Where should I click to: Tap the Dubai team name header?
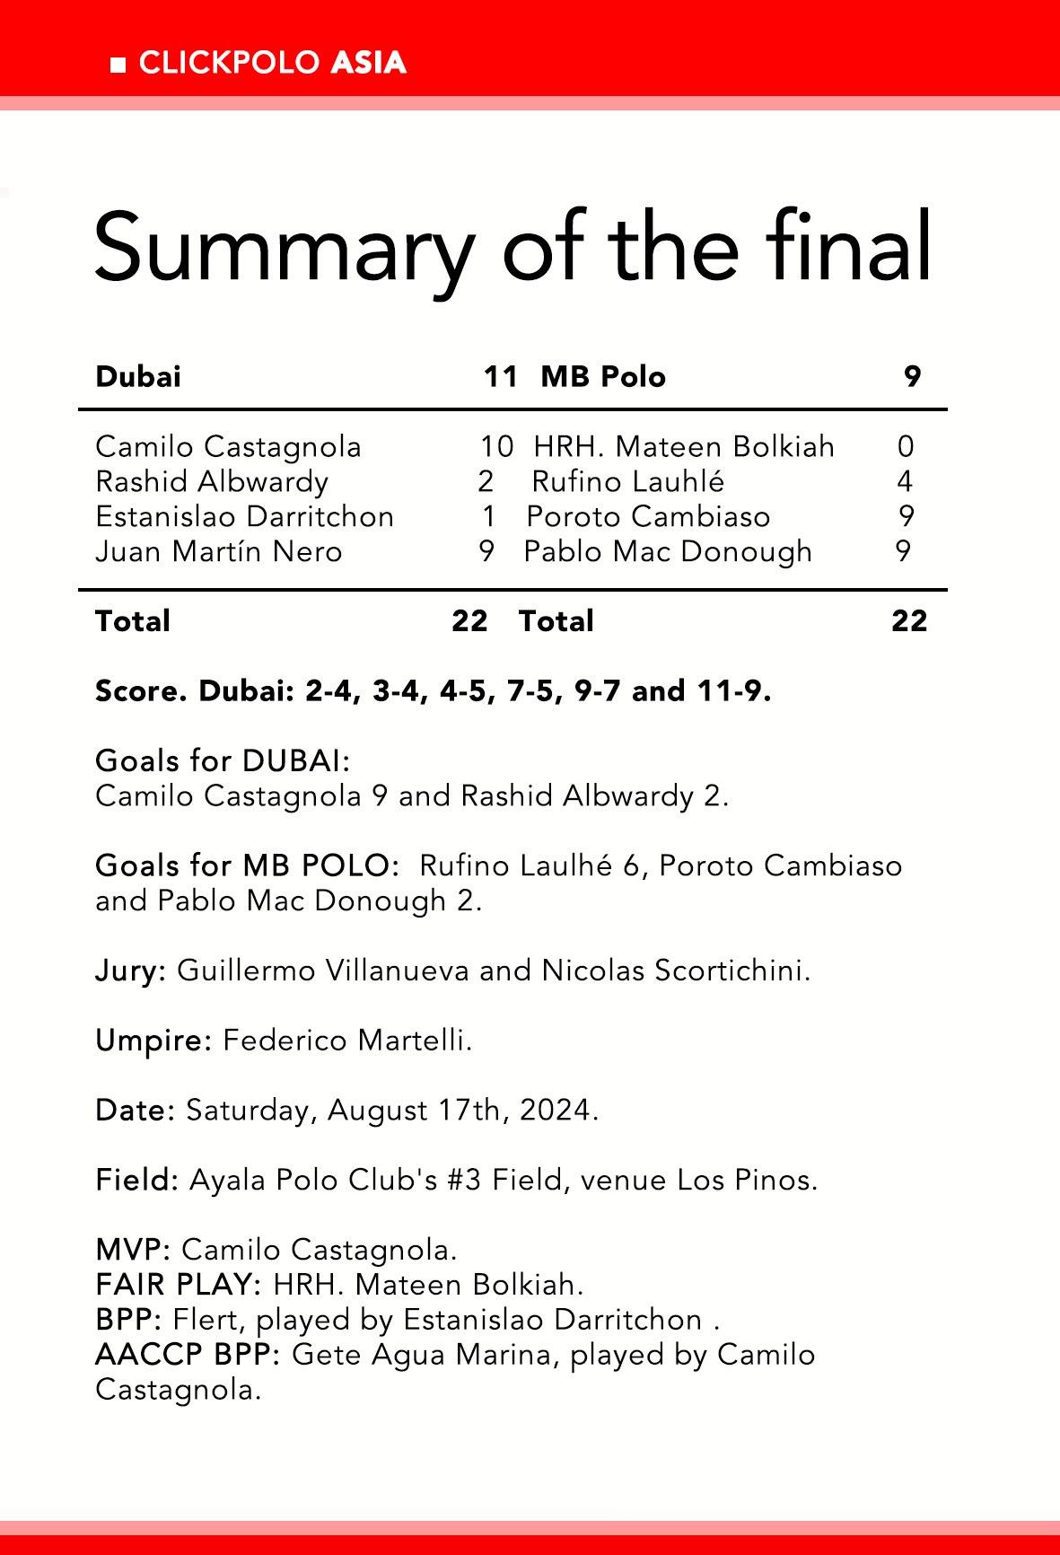138,376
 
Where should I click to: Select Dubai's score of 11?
500,376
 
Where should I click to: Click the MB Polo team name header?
603,376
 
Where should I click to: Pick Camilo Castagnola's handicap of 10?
496,446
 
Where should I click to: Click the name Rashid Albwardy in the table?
212,481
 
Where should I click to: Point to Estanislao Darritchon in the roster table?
244,516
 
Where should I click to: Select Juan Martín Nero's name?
219,550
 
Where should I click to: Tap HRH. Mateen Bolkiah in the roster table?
684,446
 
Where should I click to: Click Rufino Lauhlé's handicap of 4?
905,481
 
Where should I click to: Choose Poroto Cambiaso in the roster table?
648,516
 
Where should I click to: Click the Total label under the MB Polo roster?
556,620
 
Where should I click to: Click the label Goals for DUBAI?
222,760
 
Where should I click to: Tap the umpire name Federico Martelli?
346,1041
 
